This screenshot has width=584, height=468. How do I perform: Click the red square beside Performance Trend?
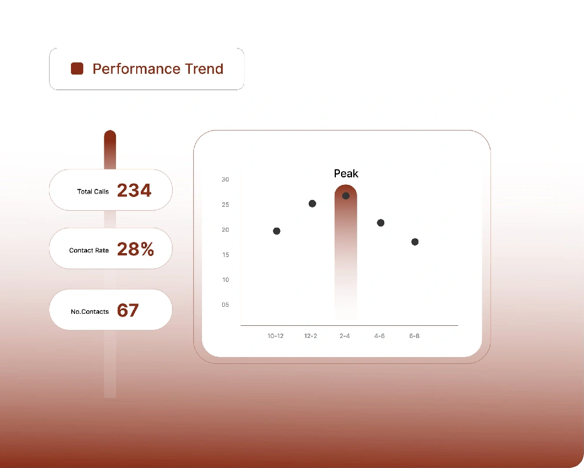(77, 69)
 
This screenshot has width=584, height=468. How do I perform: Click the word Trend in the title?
(204, 69)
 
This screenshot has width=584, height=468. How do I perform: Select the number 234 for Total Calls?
(134, 190)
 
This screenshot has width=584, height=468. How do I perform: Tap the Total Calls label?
(93, 191)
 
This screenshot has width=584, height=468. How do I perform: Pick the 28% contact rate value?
(135, 249)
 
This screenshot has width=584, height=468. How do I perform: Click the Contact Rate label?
(89, 250)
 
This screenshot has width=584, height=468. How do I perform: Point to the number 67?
(128, 310)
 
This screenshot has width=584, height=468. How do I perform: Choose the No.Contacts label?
(90, 311)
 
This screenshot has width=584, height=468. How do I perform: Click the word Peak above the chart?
(346, 173)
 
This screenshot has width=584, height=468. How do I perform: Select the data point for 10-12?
(276, 231)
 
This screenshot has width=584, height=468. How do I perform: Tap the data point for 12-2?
(312, 203)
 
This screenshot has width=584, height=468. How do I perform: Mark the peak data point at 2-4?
(346, 196)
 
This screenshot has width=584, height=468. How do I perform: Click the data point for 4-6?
(381, 223)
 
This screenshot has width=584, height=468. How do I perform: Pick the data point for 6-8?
(415, 242)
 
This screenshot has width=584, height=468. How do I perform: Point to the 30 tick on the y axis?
(225, 179)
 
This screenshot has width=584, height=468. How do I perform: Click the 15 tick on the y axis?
(225, 255)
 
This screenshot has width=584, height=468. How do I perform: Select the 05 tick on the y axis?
(225, 304)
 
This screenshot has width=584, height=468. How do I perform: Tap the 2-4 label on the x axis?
(345, 336)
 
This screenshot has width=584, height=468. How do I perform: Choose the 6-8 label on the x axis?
(414, 336)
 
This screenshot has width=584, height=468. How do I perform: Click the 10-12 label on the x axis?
(276, 336)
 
